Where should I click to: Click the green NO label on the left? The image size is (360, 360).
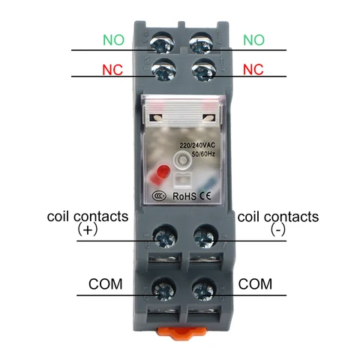tap(113, 40)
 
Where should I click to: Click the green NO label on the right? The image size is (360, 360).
tap(253, 40)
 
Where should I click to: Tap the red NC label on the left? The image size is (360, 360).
tap(112, 70)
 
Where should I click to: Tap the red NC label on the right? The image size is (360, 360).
tap(253, 70)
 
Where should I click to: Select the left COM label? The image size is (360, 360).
tap(106, 284)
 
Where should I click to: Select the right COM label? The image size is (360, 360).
tap(255, 284)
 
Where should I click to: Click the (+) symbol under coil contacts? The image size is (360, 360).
tap(87, 229)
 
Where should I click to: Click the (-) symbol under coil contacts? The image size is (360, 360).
tap(277, 229)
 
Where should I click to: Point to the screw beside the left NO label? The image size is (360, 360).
tap(162, 43)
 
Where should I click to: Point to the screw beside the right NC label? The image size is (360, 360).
tap(203, 70)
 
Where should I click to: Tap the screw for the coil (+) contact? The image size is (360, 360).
tap(165, 237)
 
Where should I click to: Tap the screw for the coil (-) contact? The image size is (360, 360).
tap(205, 237)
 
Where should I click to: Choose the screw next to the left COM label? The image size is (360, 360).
tap(163, 290)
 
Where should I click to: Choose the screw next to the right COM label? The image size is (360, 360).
tap(203, 290)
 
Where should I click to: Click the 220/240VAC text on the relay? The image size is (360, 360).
tap(197, 145)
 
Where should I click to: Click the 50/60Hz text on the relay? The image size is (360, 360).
tap(203, 154)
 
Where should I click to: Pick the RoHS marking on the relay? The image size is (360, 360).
tap(184, 196)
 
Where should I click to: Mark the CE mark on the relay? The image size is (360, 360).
tap(205, 196)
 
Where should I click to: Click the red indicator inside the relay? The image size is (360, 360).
tap(163, 172)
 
